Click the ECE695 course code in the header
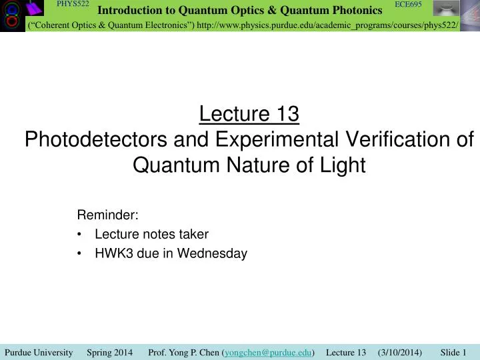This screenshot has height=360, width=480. pos(408,5)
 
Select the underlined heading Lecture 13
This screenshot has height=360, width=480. pos(249,115)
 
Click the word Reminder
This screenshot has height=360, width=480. pos(108,215)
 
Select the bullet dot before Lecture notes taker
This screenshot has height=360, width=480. pos(81,235)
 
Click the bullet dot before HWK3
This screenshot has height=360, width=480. pos(81,254)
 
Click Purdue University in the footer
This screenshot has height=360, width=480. pos(38,352)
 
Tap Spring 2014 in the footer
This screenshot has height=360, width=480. pos(109,352)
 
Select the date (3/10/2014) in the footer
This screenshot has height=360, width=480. pos(399,352)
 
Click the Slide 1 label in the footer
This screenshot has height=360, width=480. pos(453,352)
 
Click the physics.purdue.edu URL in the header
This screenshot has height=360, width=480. pos(327,25)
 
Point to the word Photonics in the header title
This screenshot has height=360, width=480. pos(350,10)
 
